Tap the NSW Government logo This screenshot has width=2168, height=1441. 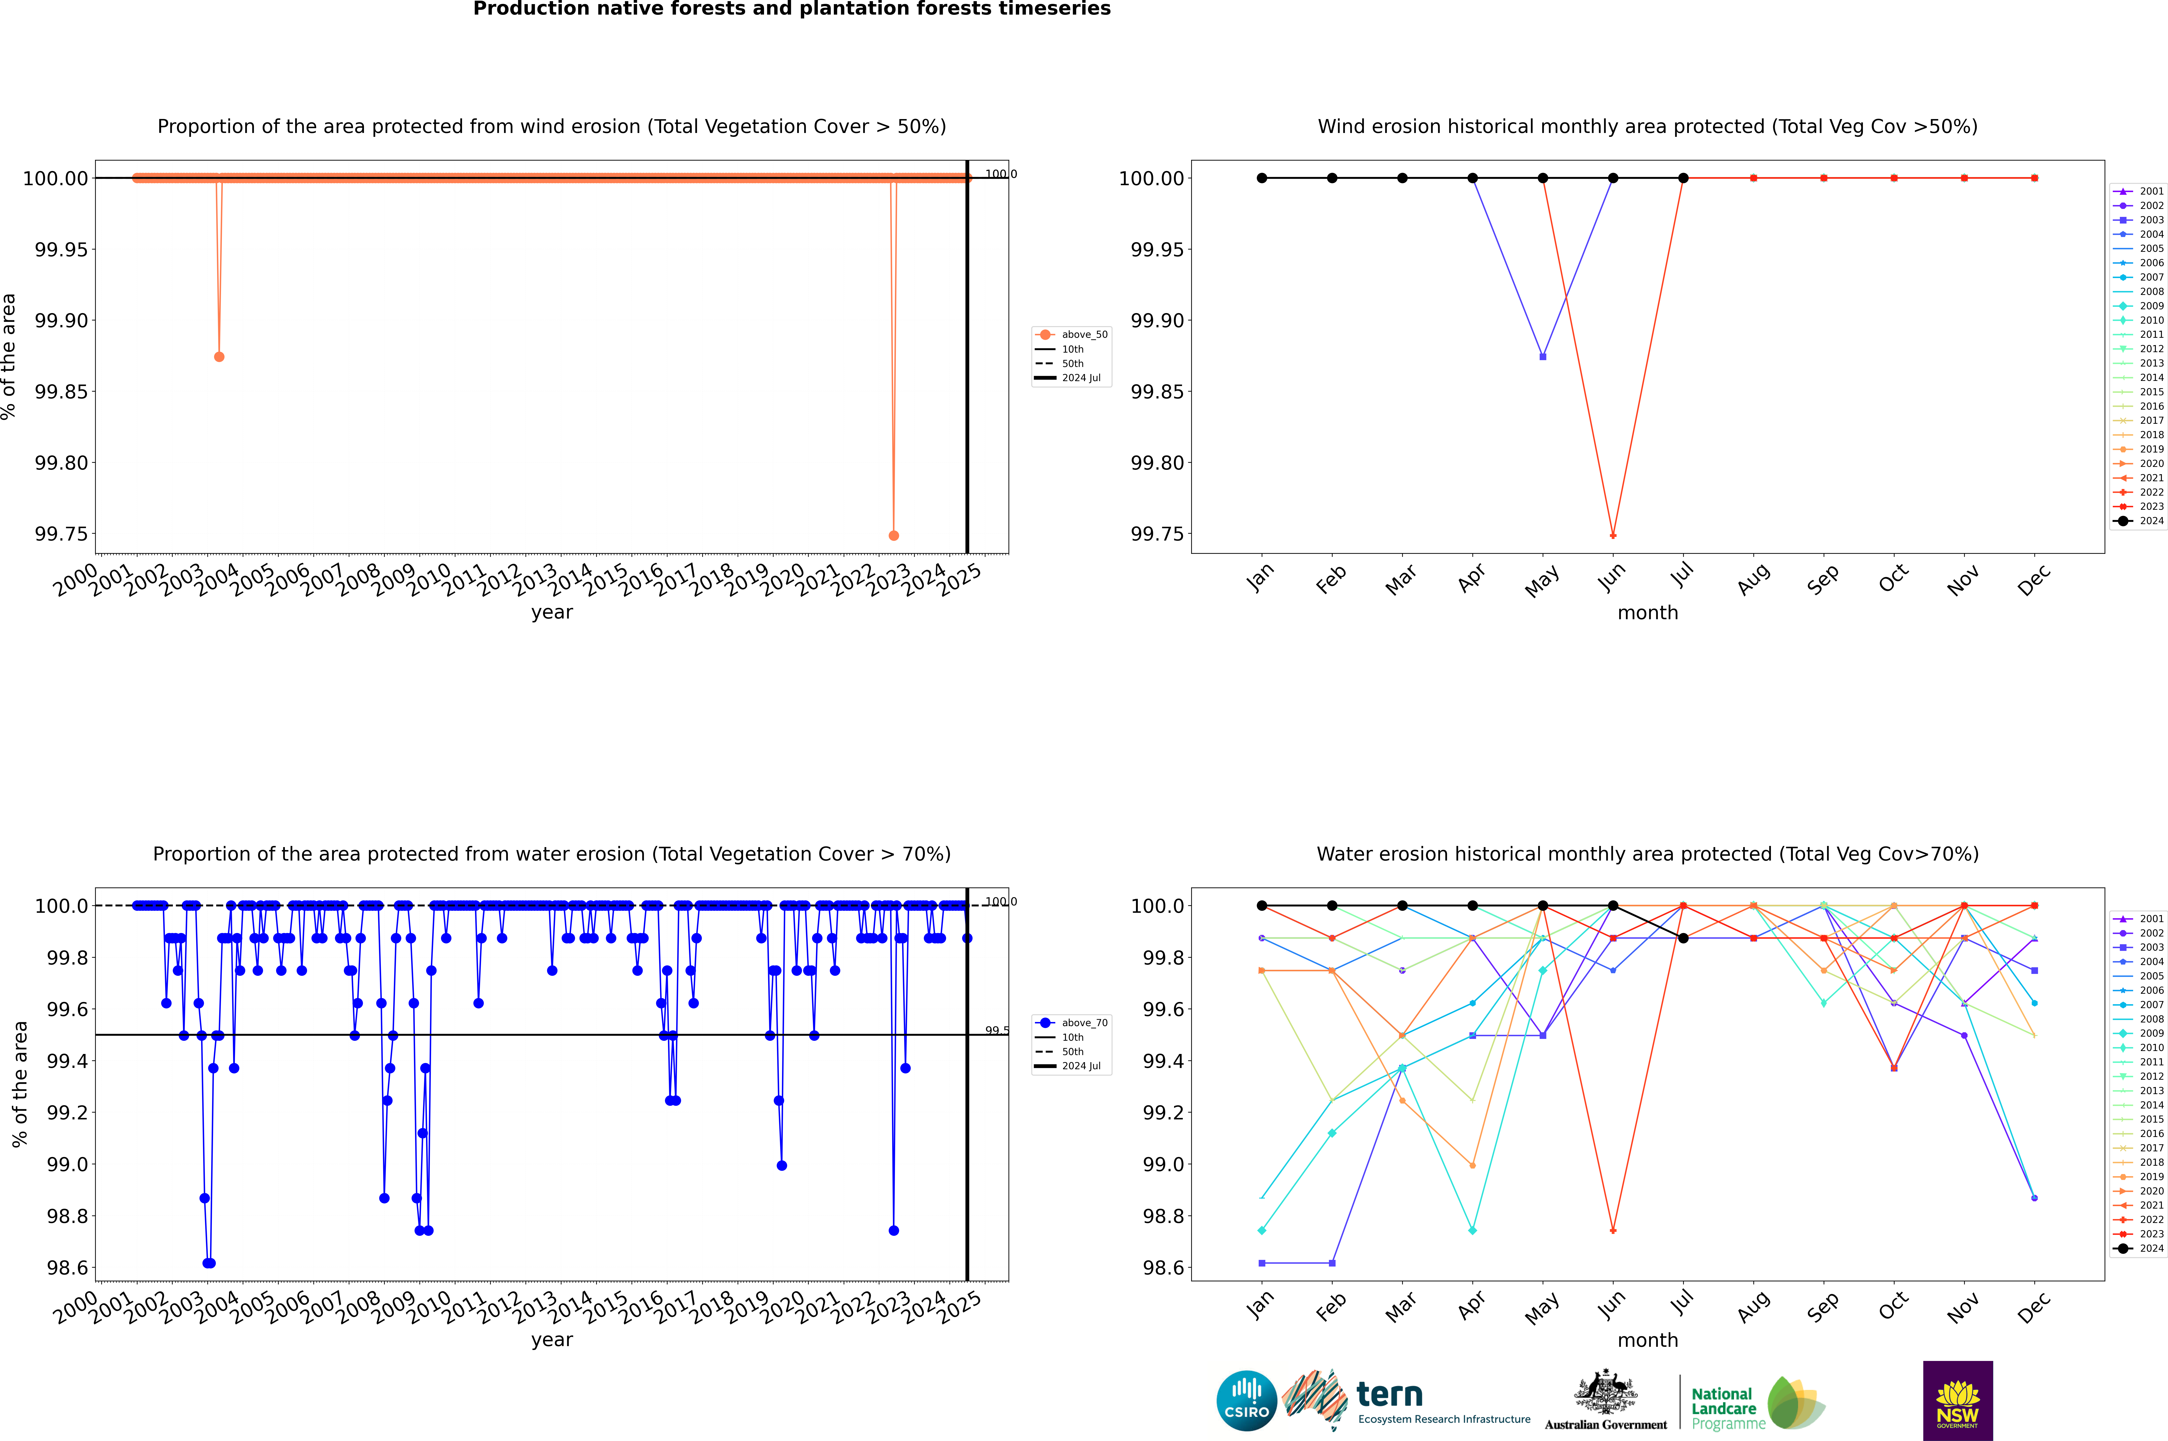pyautogui.click(x=1957, y=1401)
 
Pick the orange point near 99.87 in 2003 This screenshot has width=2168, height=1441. pyautogui.click(x=219, y=356)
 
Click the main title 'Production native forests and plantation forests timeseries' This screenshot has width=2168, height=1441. pyautogui.click(x=791, y=9)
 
